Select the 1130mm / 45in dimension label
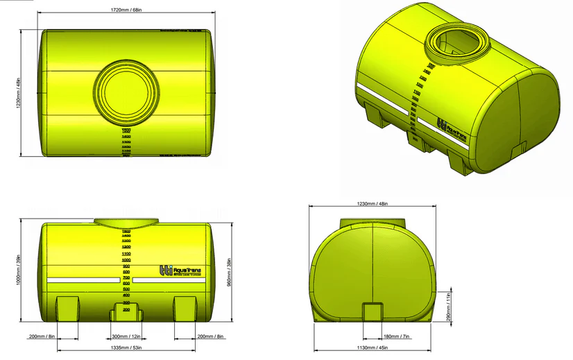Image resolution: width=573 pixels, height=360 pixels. point(373,348)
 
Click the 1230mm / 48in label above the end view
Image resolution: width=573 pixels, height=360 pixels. point(373,204)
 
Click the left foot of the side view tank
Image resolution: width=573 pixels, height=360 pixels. point(67,307)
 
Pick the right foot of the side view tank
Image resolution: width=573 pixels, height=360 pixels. point(187,307)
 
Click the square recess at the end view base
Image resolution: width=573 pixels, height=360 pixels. point(373,311)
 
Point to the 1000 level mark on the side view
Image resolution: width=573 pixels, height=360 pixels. point(127,259)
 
